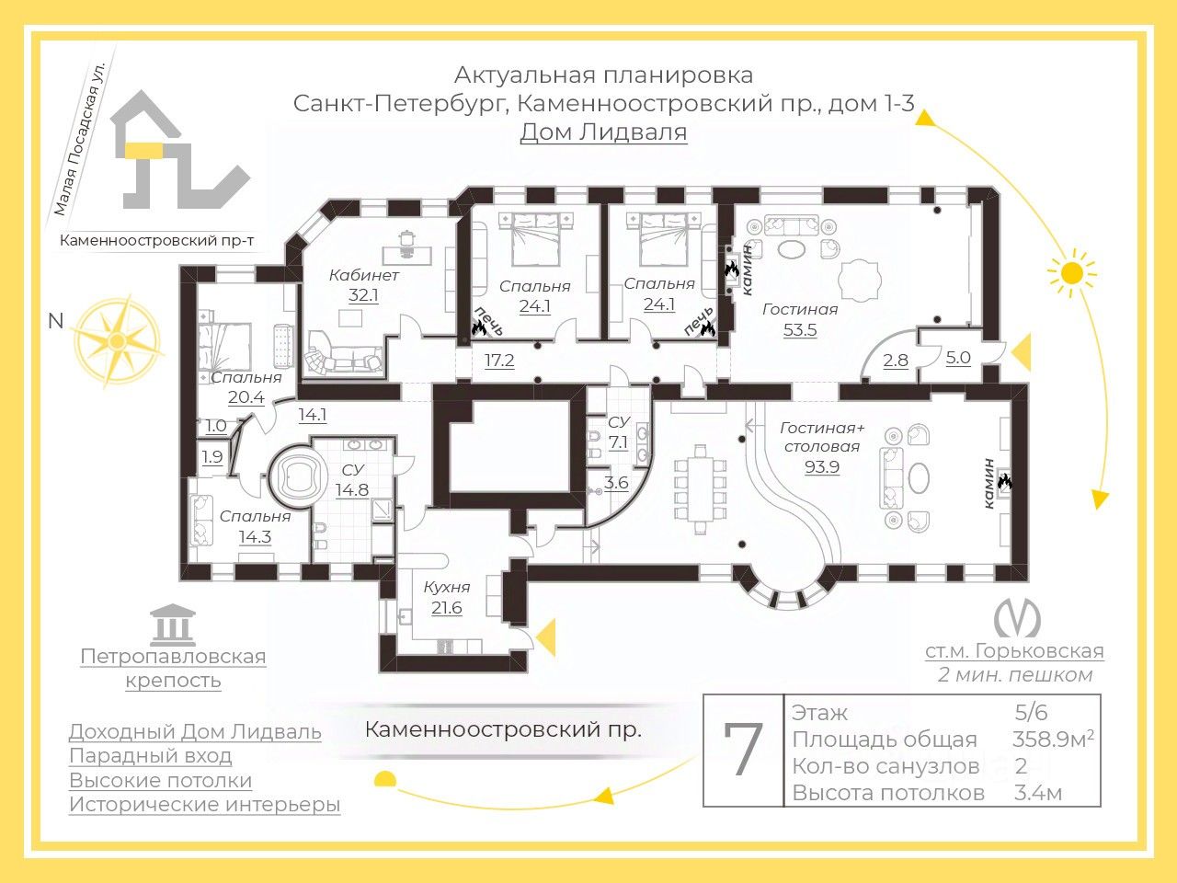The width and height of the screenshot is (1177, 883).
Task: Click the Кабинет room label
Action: (x=363, y=276)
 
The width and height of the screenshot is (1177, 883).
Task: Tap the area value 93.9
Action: (x=822, y=467)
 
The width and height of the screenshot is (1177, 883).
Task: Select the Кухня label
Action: (x=447, y=587)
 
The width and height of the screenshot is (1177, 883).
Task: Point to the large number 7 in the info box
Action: (x=743, y=749)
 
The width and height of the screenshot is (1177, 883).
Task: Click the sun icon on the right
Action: (x=1072, y=273)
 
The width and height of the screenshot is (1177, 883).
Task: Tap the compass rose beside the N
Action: (x=117, y=341)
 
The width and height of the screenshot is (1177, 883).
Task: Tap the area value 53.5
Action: (x=800, y=329)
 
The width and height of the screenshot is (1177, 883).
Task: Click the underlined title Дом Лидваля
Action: (x=604, y=132)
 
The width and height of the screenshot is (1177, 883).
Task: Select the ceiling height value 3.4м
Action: (x=1037, y=792)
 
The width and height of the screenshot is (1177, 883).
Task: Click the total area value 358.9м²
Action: (x=1053, y=740)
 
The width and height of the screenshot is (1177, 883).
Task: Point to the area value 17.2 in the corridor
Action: (x=499, y=361)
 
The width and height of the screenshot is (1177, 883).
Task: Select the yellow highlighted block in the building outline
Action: (x=144, y=151)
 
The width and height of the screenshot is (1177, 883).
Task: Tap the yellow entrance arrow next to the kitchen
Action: (x=546, y=636)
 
